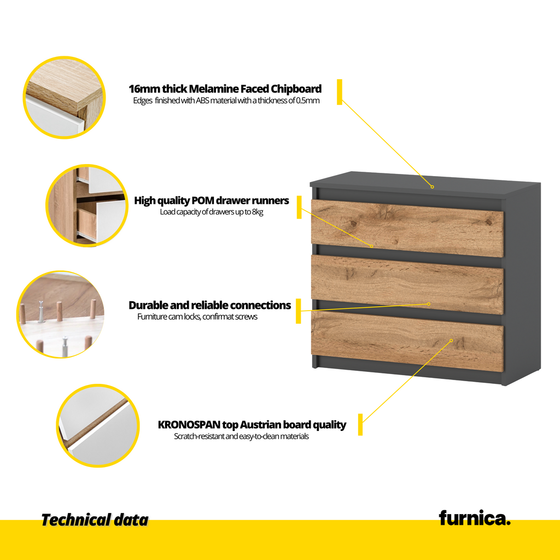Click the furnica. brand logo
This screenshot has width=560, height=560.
[x=475, y=518]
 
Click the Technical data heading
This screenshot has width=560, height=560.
[x=95, y=520]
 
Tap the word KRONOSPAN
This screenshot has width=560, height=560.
[x=189, y=424]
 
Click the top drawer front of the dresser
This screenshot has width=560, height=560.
[x=407, y=228]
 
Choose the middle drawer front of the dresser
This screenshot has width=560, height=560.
[x=407, y=284]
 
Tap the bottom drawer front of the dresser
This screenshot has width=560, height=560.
[x=407, y=342]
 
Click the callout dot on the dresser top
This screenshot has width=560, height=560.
[x=432, y=187]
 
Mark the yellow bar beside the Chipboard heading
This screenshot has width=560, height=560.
[x=339, y=92]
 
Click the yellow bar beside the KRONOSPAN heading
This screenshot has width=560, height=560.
[x=360, y=424]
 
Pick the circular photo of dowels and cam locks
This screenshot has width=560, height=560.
[x=61, y=314]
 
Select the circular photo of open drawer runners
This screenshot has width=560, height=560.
[x=87, y=206]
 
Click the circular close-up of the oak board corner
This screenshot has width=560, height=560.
[x=65, y=97]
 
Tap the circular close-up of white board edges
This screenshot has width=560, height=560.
[x=98, y=425]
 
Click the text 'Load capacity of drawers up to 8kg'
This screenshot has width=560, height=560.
[x=212, y=212]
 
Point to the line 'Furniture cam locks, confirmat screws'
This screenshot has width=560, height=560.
[x=197, y=317]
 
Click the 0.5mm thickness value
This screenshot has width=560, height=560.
[x=308, y=101]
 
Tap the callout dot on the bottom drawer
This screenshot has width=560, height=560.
[x=451, y=340]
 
